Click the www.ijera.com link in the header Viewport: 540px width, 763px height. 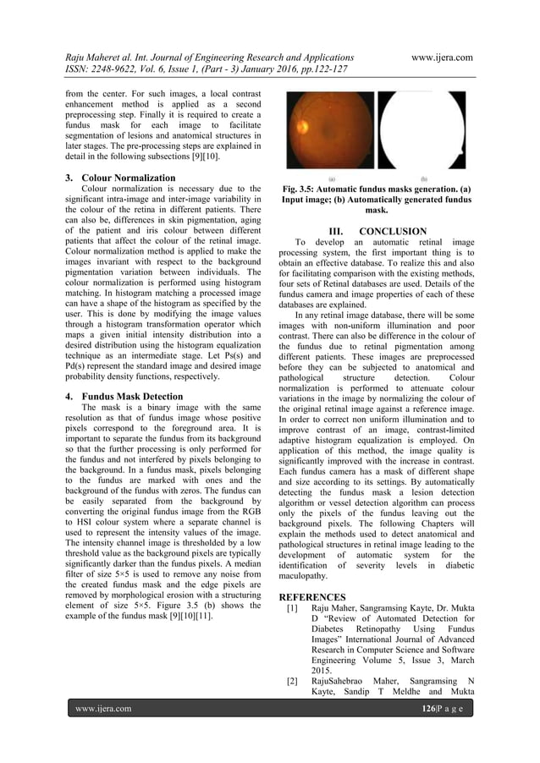440,57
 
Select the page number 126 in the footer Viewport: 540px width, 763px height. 432,708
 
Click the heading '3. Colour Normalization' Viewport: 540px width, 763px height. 120,178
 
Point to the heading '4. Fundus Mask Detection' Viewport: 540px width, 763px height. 123,396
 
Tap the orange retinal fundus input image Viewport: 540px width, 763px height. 329,131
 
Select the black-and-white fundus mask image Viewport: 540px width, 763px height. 422,131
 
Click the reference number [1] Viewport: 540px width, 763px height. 292,609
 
